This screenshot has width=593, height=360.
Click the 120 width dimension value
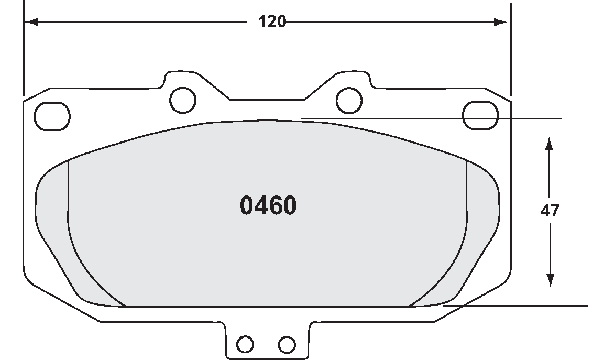coord(272,22)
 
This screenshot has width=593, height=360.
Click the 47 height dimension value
coord(550,211)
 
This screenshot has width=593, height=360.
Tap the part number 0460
coord(268,206)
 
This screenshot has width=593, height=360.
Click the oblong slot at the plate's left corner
coord(52,115)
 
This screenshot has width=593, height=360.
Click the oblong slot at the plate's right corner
coord(481,115)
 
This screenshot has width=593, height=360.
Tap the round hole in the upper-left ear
coord(183,99)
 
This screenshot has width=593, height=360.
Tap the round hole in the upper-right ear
coord(348,99)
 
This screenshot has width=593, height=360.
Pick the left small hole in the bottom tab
coord(245,344)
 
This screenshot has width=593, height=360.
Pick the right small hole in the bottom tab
coord(287,344)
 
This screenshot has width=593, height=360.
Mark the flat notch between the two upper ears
coord(267,99)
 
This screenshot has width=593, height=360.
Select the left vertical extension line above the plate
coord(24,47)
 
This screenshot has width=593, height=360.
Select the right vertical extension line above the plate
coord(511,47)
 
